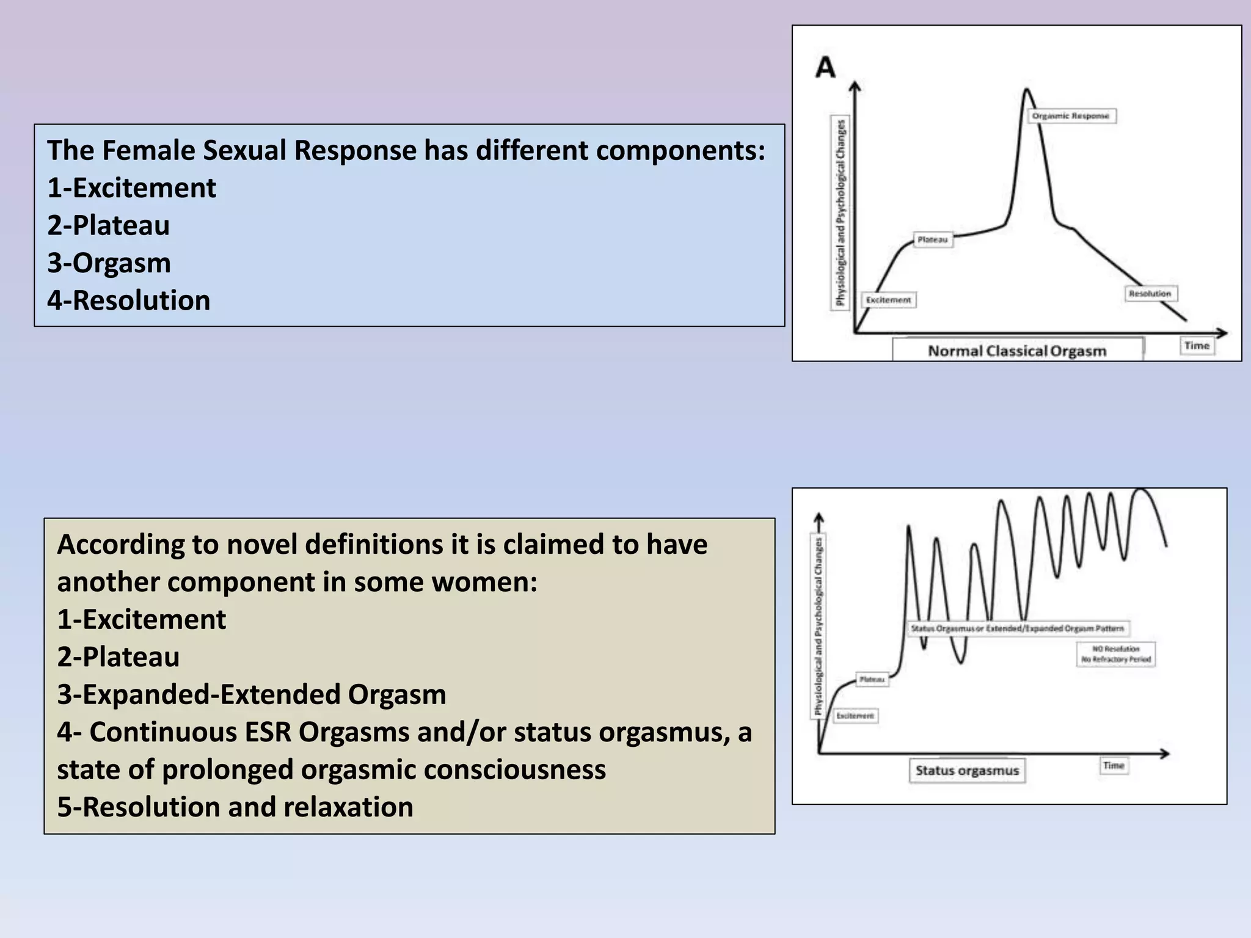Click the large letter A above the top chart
[x=825, y=68]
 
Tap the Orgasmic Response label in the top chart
[x=1071, y=116]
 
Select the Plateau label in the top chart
[x=933, y=240]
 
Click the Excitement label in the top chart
[x=889, y=300]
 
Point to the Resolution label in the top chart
[x=1150, y=294]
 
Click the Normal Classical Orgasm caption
[x=1017, y=351]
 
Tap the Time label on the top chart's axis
[x=1197, y=346]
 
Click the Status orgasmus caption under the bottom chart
[x=967, y=771]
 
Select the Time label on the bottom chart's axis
[x=1114, y=765]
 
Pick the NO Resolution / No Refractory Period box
[x=1116, y=654]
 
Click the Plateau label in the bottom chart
[x=872, y=679]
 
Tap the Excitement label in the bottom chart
[x=855, y=715]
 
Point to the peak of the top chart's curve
[x=1026, y=90]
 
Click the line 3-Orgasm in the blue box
[x=109, y=263]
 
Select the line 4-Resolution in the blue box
[x=129, y=300]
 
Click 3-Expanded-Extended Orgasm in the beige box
[x=252, y=694]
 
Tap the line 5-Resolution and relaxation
[x=235, y=807]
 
